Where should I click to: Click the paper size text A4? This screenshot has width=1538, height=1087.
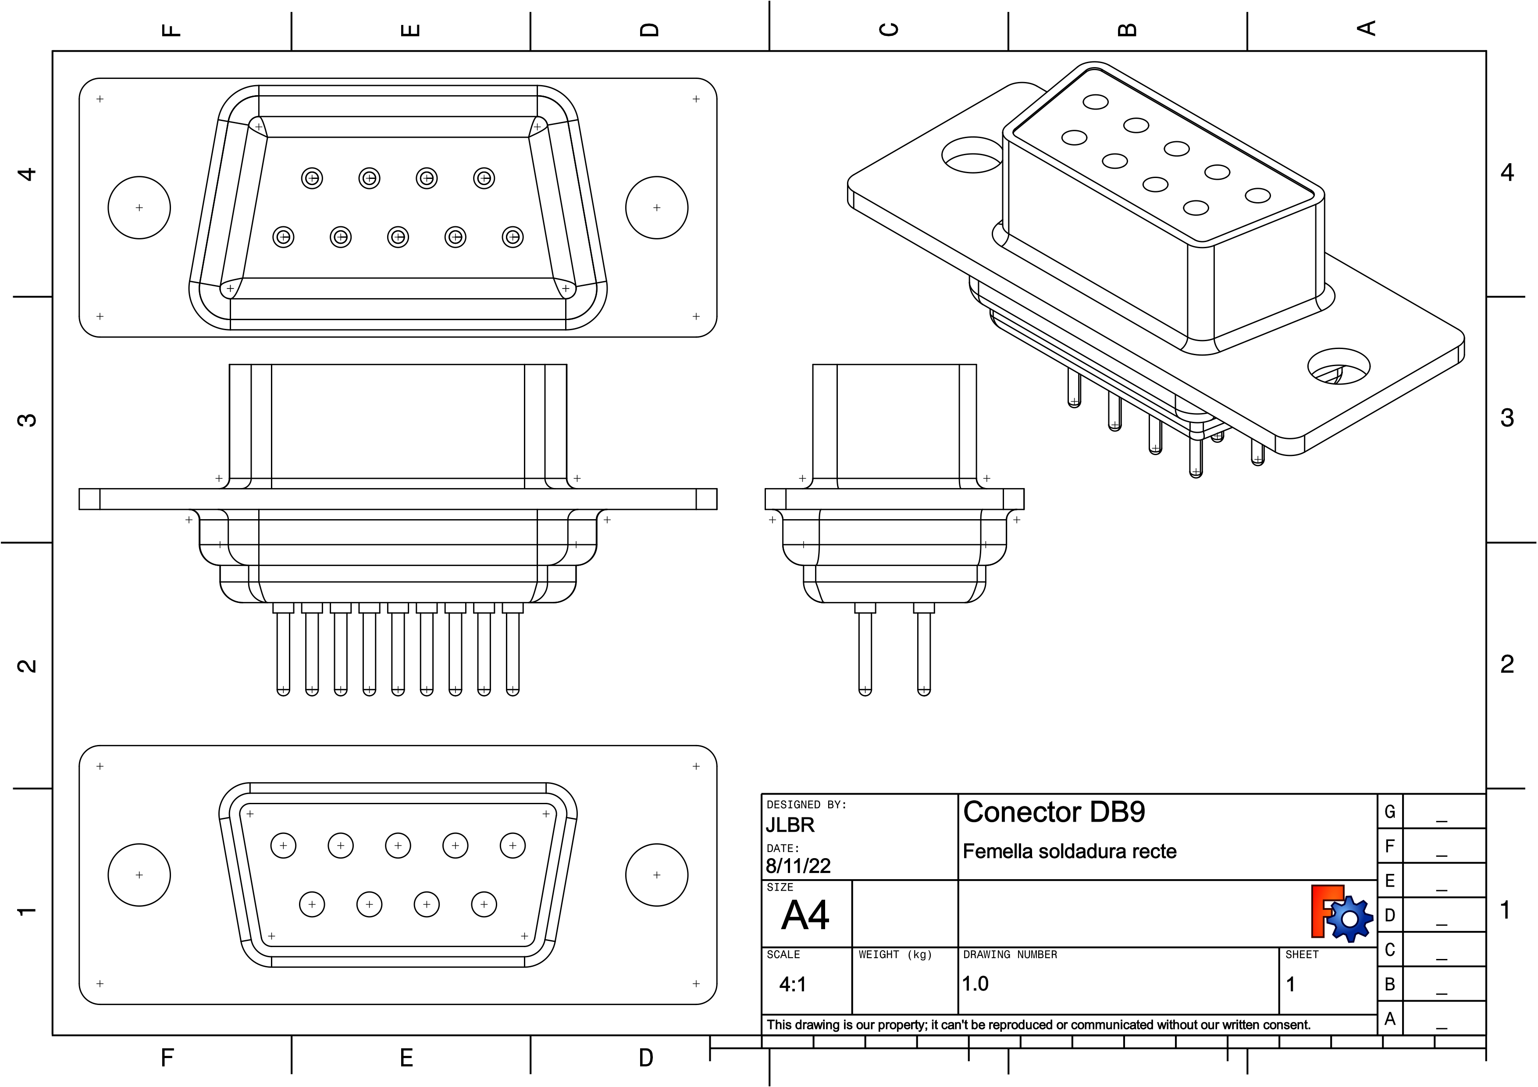pyautogui.click(x=805, y=915)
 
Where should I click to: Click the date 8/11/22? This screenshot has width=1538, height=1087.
pyautogui.click(x=798, y=866)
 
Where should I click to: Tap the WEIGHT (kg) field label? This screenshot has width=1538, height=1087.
pyautogui.click(x=895, y=955)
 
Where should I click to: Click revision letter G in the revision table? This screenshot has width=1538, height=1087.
pyautogui.click(x=1389, y=812)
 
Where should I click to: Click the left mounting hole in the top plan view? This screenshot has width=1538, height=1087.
pyautogui.click(x=139, y=207)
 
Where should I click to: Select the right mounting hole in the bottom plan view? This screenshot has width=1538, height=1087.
pyautogui.click(x=656, y=875)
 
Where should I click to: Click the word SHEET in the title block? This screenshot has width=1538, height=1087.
pyautogui.click(x=1302, y=955)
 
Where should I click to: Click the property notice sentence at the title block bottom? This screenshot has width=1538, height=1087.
pyautogui.click(x=1038, y=1025)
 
